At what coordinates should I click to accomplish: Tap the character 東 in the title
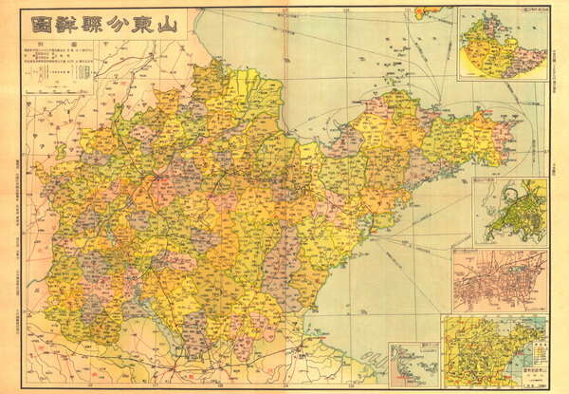point(143,26)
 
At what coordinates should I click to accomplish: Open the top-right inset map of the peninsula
point(500,45)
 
